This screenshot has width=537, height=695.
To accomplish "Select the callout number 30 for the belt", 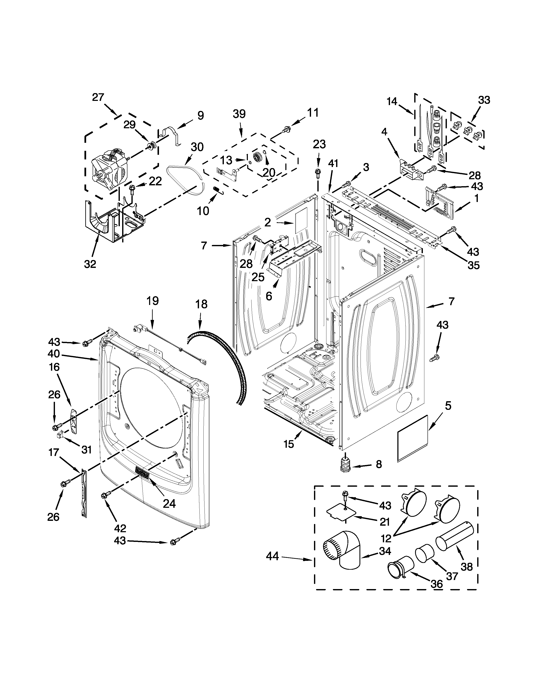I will click(197, 147).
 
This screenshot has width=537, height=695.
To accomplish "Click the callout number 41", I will click(333, 164).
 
